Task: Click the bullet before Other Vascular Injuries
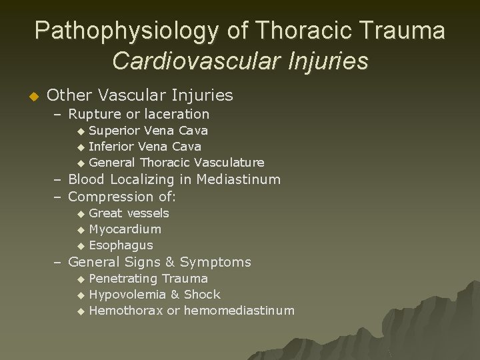(27, 96)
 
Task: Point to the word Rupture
(96, 114)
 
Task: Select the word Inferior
(111, 146)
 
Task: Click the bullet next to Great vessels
(81, 214)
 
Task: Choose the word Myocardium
(125, 229)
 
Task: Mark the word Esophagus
(121, 245)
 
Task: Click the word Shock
(202, 294)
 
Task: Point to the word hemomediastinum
(239, 310)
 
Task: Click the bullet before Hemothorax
(81, 311)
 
